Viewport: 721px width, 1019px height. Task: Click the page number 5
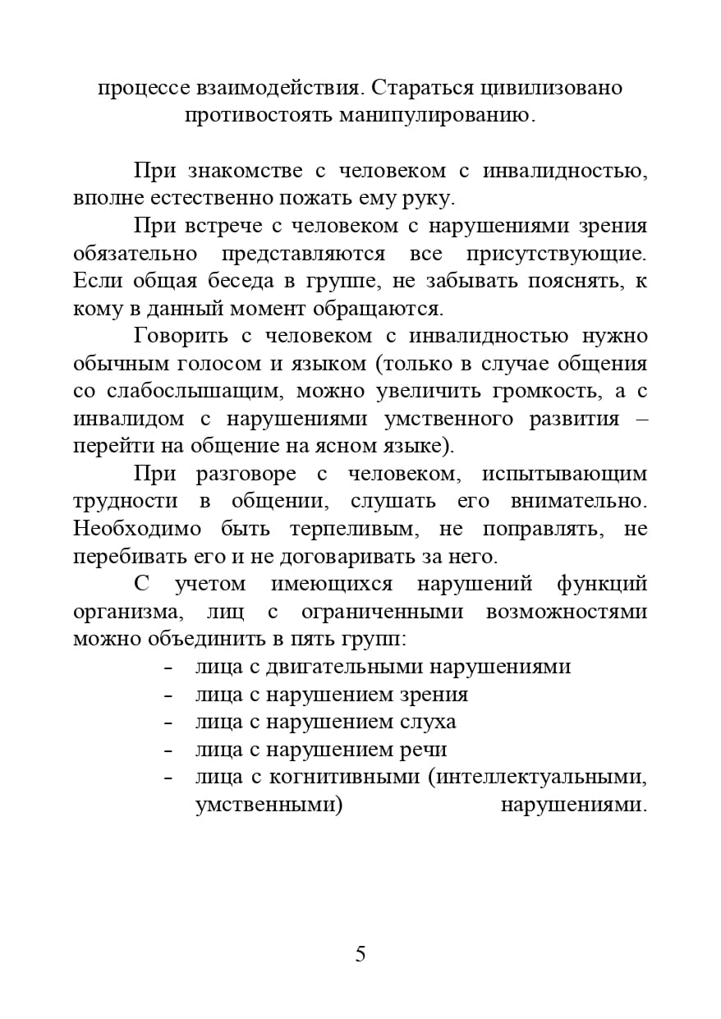click(360, 954)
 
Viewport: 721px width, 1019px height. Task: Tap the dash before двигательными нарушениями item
click(168, 667)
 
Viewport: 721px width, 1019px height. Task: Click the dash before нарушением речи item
click(168, 750)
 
